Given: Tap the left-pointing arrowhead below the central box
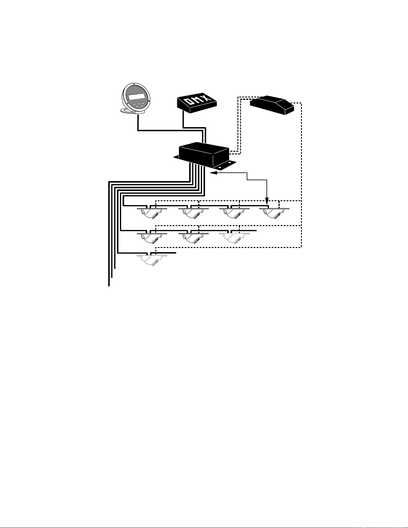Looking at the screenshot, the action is pos(213,173).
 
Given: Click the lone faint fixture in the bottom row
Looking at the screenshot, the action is pos(152,260).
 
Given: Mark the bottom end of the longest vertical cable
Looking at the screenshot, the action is pos(109,286).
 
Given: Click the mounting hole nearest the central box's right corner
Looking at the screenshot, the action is pos(230,163).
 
